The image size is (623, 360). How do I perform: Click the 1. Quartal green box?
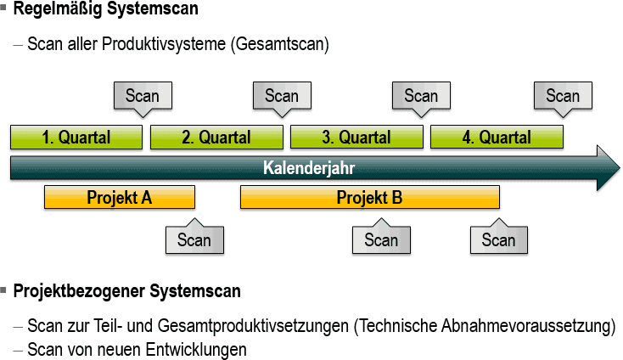coord(76,138)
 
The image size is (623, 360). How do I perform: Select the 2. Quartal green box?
coord(216,138)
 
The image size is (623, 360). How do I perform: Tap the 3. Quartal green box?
coord(356,138)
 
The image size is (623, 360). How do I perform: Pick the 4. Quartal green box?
coord(497,138)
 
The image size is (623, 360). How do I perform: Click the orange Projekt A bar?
coord(120,197)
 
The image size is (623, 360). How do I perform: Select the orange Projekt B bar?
coord(370,197)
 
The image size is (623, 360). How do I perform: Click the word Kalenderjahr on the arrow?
coord(309,168)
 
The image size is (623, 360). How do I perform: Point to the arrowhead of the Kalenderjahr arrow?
coord(619,168)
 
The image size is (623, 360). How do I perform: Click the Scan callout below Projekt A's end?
coord(194,237)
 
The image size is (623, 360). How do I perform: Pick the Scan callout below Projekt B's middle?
coord(381,237)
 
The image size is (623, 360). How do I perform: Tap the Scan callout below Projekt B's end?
coord(499,237)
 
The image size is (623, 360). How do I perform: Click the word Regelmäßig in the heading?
coord(58,8)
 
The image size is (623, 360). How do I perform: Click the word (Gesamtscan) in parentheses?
coord(280,43)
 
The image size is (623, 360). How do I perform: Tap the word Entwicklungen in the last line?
coord(196,350)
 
